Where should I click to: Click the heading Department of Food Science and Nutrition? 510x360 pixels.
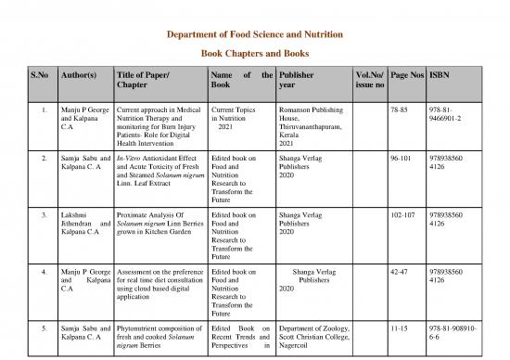pyautogui.click(x=253, y=33)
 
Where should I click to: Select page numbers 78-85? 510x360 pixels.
pyautogui.click(x=401, y=109)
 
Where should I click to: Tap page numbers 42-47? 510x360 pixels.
pyautogui.click(x=401, y=272)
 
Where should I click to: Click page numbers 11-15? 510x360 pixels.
pyautogui.click(x=401, y=329)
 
